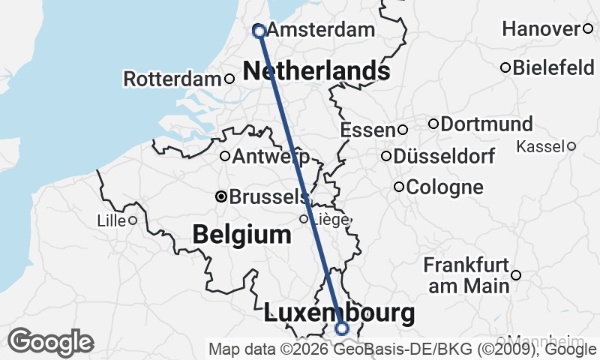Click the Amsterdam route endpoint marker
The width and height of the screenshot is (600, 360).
tap(259, 31)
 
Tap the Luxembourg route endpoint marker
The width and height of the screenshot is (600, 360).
tap(342, 328)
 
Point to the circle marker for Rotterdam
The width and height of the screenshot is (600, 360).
tap(229, 79)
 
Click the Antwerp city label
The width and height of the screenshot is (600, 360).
tap(271, 157)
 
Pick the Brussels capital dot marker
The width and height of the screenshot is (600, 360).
tap(221, 196)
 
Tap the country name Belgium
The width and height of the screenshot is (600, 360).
tap(241, 234)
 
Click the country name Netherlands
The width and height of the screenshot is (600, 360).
tap(316, 71)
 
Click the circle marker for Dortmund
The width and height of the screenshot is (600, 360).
tap(433, 124)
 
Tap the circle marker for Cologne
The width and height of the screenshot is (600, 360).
tap(399, 187)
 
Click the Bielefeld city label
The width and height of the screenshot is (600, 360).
tap(553, 68)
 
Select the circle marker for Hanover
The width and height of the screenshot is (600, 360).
tap(588, 29)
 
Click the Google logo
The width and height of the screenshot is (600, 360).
tap(50, 342)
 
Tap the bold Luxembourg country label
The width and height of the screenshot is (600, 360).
tap(339, 313)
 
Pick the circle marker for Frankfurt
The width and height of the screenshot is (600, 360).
tap(516, 276)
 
